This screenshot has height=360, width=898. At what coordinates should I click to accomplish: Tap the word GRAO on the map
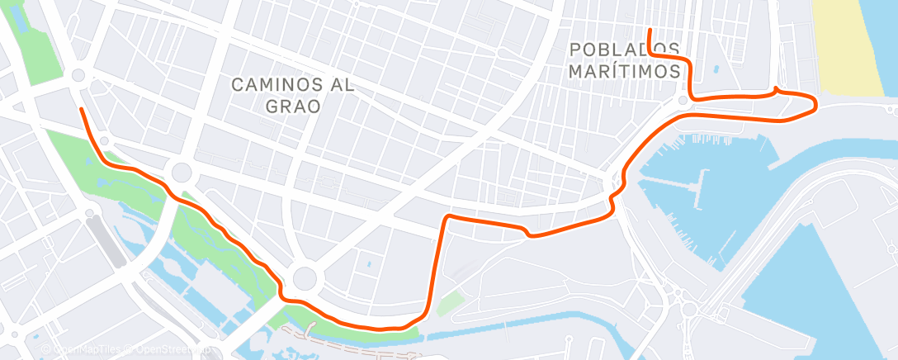pyautogui.click(x=292, y=106)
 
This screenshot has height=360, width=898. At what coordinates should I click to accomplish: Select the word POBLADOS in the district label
pyautogui.click(x=625, y=50)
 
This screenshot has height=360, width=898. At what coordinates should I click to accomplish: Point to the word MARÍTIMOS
pyautogui.click(x=625, y=72)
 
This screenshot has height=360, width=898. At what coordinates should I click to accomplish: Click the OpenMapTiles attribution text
pyautogui.click(x=83, y=351)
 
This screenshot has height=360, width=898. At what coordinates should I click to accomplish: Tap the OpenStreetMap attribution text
pyautogui.click(x=169, y=351)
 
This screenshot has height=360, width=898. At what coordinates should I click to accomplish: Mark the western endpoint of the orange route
pyautogui.click(x=81, y=109)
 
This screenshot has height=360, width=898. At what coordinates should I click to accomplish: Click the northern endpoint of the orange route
pyautogui.click(x=650, y=31)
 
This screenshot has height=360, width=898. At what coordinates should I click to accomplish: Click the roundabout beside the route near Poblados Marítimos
pyautogui.click(x=683, y=101)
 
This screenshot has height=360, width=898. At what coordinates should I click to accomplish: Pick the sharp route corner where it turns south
pyautogui.click(x=447, y=218)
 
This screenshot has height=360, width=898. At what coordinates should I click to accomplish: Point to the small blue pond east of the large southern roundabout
pyautogui.click(x=367, y=266)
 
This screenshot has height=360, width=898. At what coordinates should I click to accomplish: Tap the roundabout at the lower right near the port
pyautogui.click(x=688, y=310)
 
